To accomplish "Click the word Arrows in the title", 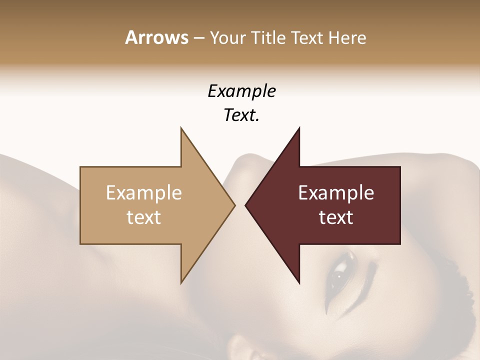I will point(156,37).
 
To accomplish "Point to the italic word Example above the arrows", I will point(241,91).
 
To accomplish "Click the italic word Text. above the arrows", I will point(241,115).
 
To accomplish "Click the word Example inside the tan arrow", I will point(144,193).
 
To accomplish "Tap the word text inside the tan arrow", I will point(144,217).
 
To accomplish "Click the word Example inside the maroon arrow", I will point(336,193).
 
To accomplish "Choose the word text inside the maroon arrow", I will point(336,217).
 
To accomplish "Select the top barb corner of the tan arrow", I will point(181,129).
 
